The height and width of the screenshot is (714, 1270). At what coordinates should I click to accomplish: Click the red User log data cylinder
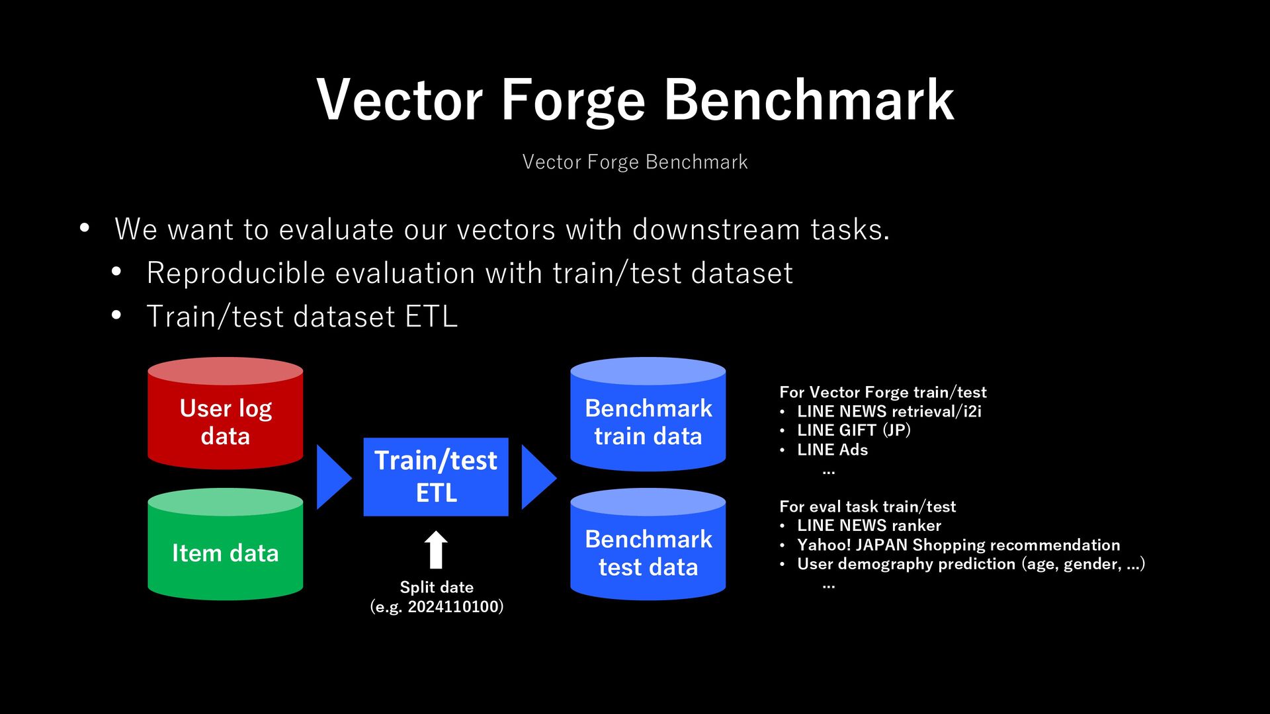point(225,413)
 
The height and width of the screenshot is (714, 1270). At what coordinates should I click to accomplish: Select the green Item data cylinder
point(225,544)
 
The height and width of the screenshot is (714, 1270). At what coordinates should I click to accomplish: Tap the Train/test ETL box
point(436,477)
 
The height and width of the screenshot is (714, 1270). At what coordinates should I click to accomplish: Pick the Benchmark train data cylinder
point(648,414)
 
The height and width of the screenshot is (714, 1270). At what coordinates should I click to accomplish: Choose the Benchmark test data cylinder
point(648,544)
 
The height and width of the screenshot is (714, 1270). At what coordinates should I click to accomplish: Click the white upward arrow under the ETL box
point(436,549)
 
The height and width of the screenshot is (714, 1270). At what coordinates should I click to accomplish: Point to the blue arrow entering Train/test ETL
point(334,477)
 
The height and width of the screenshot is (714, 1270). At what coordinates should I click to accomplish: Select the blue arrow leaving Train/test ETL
point(539,477)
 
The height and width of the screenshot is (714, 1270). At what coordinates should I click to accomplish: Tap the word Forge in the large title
point(573,100)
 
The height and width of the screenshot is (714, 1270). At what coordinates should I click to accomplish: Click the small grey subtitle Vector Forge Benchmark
point(635,162)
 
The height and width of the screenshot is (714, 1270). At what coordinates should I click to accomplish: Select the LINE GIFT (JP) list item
point(853,430)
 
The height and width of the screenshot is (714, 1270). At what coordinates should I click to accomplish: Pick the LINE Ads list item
point(832,450)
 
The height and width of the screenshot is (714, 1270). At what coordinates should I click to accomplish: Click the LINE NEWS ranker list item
point(869,526)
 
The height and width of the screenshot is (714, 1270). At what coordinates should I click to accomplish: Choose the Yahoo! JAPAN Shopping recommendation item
point(958,545)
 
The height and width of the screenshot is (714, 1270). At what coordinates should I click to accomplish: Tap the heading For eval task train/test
point(867,506)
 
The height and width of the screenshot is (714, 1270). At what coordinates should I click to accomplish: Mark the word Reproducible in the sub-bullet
point(236,274)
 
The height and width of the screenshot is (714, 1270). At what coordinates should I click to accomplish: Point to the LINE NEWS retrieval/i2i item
point(889,411)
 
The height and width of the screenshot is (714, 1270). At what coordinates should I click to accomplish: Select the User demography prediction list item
point(971,564)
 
